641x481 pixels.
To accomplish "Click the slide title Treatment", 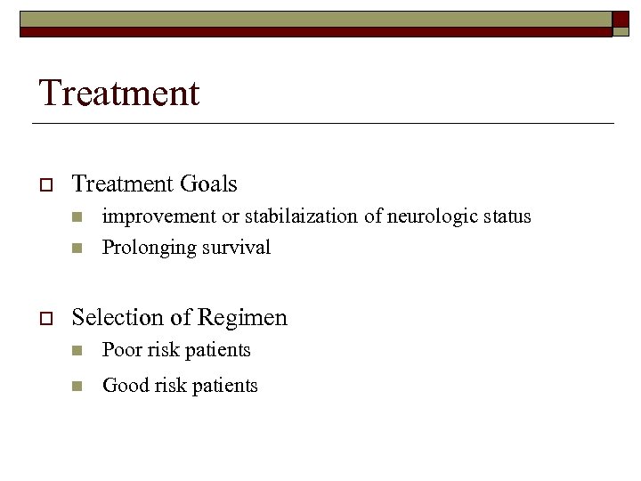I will click(x=119, y=93).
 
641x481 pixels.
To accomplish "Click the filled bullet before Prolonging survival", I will click(x=77, y=248).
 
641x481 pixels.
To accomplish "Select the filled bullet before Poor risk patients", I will click(x=77, y=351).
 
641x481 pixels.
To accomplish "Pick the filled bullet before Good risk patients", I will click(x=77, y=387).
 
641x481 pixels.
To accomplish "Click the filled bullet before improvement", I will click(x=77, y=217).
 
